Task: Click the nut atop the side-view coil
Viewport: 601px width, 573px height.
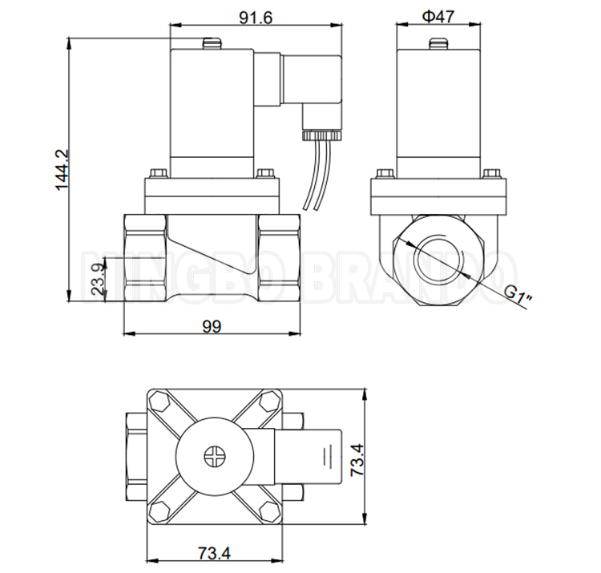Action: (438, 43)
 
